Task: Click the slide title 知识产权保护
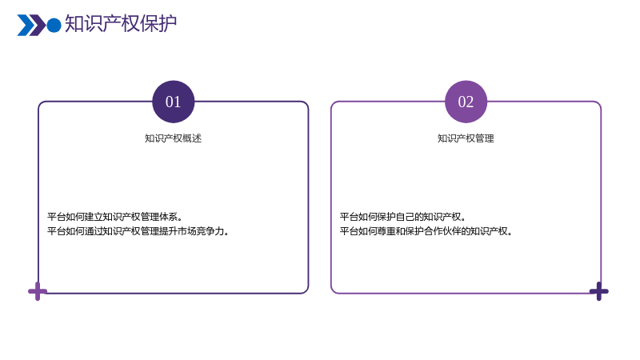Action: pyautogui.click(x=121, y=24)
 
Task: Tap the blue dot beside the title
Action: pyautogui.click(x=54, y=25)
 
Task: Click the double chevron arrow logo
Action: pyautogui.click(x=31, y=26)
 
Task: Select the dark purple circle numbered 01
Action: pyautogui.click(x=174, y=102)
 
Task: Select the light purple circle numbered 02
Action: pyautogui.click(x=466, y=102)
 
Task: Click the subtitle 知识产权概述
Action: pyautogui.click(x=173, y=138)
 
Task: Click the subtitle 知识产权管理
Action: pyautogui.click(x=466, y=138)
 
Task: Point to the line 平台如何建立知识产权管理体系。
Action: pyautogui.click(x=114, y=217)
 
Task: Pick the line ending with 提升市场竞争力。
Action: pyautogui.click(x=138, y=231)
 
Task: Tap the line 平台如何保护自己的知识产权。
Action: pyautogui.click(x=403, y=217)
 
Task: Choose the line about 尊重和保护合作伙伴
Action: pyautogui.click(x=426, y=231)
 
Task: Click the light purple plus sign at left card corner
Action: pyautogui.click(x=38, y=291)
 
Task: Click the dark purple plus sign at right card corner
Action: pyautogui.click(x=598, y=291)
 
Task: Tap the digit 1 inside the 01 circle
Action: pyautogui.click(x=177, y=102)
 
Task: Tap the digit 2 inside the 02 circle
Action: pyautogui.click(x=470, y=102)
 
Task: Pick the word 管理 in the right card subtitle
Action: pyautogui.click(x=485, y=138)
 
